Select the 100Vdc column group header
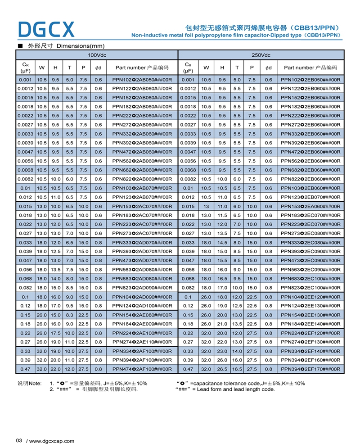tap(97, 55)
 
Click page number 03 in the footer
tap(19, 441)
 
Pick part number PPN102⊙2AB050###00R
tap(142, 80)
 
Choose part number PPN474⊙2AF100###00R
tap(142, 369)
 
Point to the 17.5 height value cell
tap(56, 333)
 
